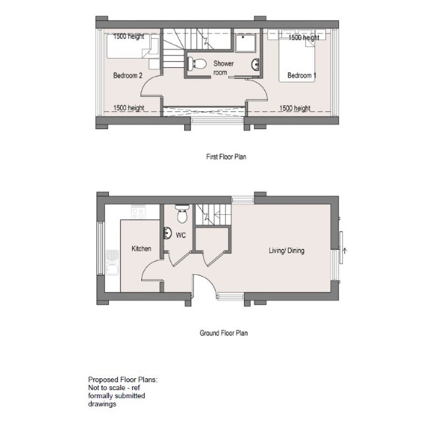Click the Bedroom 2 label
click(128, 75)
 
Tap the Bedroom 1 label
click(301, 75)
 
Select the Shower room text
click(223, 68)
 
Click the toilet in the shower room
click(197, 64)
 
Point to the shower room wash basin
click(256, 65)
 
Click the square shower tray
click(245, 43)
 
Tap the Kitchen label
click(141, 248)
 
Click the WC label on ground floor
click(181, 235)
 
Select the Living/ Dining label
click(286, 250)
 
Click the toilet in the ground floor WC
click(182, 214)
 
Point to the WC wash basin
click(168, 233)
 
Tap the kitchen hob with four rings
click(138, 212)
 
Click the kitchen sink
click(112, 262)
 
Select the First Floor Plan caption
click(226, 157)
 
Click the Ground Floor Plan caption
click(224, 333)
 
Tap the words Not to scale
click(106, 387)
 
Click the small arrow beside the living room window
click(344, 250)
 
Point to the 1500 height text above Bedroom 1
click(303, 38)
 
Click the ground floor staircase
click(213, 215)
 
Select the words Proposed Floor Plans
click(123, 380)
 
